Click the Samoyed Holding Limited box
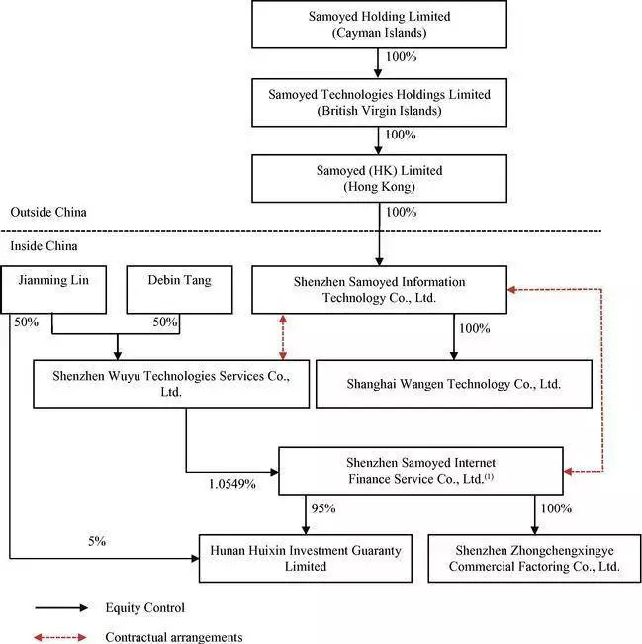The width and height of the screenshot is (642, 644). coord(379,24)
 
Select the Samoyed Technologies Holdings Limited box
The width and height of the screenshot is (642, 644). coord(379,103)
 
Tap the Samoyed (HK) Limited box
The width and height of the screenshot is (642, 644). coord(379,179)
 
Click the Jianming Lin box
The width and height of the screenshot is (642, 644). coord(53,290)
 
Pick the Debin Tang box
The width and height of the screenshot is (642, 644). coord(179,290)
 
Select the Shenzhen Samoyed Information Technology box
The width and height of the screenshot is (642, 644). coord(379,290)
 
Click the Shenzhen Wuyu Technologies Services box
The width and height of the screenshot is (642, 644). coord(171,384)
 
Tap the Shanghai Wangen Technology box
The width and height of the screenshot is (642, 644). coord(454,384)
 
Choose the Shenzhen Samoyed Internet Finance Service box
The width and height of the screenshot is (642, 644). coord(420,471)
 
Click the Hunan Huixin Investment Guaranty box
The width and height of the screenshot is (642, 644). coord(306,559)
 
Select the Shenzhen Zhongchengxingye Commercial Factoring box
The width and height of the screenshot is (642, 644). coord(534,559)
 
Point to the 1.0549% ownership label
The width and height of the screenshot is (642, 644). coord(232,484)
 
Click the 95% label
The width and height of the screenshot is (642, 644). coord(323,508)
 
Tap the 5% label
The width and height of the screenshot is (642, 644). coord(97,541)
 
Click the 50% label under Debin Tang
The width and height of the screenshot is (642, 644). coord(165,322)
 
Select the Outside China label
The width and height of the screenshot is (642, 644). coord(48,212)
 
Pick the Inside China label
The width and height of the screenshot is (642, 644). coord(44,246)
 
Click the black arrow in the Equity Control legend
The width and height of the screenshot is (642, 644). coord(61,607)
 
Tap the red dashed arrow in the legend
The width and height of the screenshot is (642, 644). coord(60,637)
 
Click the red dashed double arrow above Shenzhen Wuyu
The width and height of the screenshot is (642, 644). coord(283,337)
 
